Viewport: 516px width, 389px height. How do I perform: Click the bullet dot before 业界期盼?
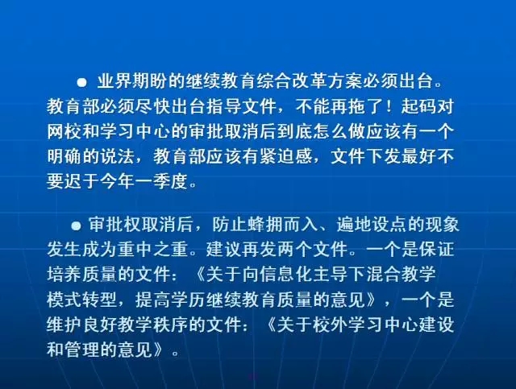(81, 82)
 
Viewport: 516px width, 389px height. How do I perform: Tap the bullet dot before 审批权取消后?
(76, 226)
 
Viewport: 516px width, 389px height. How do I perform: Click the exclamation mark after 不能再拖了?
(389, 106)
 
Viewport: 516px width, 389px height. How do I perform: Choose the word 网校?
(64, 131)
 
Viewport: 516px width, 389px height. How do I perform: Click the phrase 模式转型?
(82, 300)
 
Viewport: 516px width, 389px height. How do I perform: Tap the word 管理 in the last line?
(82, 350)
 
